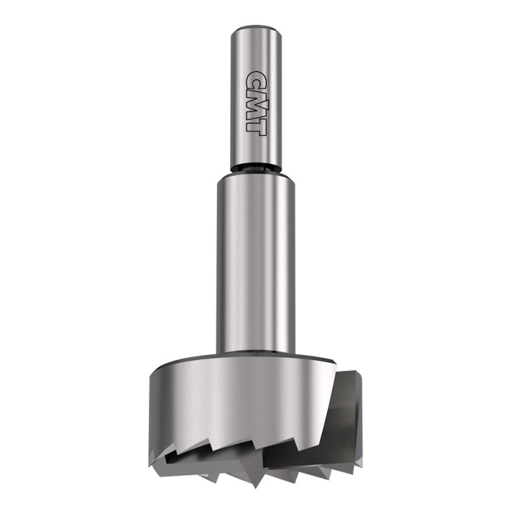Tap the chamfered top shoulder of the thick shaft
[256, 177]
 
